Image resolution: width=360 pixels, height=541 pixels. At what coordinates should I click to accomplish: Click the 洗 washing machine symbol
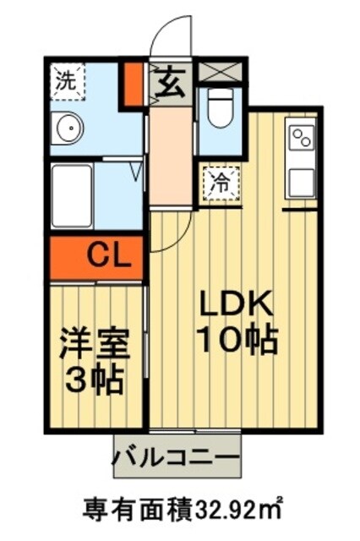point(65,81)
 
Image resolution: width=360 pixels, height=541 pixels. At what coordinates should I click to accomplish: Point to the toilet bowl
point(221,113)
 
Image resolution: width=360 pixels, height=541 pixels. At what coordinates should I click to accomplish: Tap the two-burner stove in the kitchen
point(302,136)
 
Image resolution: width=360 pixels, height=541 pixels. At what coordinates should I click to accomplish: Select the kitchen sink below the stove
point(301,181)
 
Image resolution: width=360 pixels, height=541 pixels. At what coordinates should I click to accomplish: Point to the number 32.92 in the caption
point(232,511)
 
